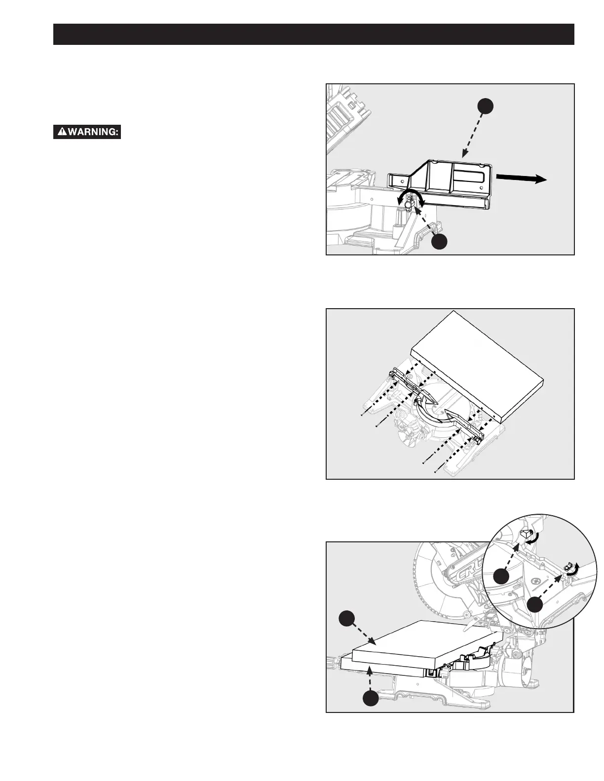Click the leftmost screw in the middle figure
(x=362, y=416)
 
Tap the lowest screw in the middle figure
(x=436, y=471)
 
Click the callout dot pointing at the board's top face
(x=348, y=619)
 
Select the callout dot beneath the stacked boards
(x=371, y=699)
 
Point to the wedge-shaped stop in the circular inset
(x=527, y=533)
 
